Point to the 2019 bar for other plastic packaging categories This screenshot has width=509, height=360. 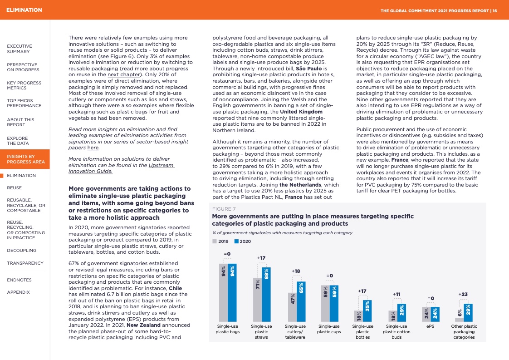click(x=459, y=319)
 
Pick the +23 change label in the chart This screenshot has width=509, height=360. click(x=463, y=294)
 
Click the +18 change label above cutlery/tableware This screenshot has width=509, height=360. click(x=296, y=271)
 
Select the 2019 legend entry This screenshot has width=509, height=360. click(x=221, y=242)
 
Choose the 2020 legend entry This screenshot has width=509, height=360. click(x=243, y=242)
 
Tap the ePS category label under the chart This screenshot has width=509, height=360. click(x=431, y=326)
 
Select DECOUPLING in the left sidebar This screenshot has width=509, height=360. click(x=22, y=251)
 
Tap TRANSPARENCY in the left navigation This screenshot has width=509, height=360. click(x=25, y=263)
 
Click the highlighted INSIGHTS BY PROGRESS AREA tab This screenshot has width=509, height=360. click(x=25, y=159)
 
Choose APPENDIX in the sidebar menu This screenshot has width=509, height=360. click(x=18, y=292)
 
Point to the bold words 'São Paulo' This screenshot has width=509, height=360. click(x=308, y=68)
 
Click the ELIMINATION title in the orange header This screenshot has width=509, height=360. click(x=24, y=10)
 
